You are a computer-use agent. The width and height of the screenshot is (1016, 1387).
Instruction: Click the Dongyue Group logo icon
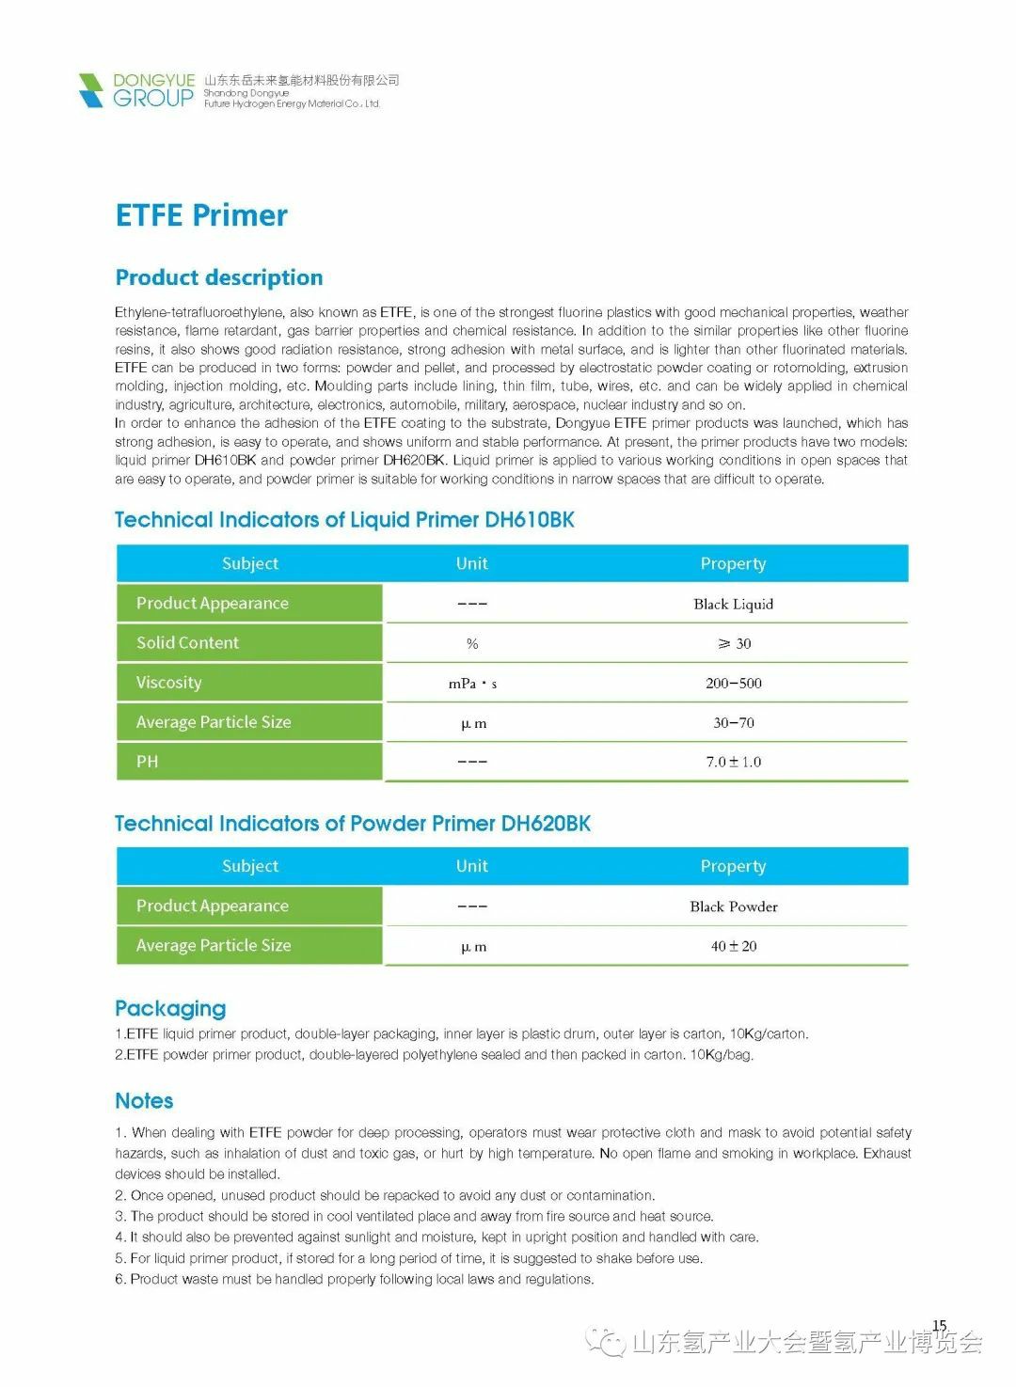pyautogui.click(x=91, y=90)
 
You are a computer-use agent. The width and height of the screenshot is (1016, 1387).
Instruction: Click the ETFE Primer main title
pyautogui.click(x=201, y=215)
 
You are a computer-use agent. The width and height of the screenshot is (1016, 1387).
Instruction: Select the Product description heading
pyautogui.click(x=219, y=277)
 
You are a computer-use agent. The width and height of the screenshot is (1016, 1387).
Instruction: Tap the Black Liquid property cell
pyautogui.click(x=733, y=604)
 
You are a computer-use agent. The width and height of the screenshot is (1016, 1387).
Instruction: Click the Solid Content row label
pyautogui.click(x=187, y=643)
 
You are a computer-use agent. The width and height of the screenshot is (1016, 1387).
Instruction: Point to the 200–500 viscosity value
pyautogui.click(x=733, y=684)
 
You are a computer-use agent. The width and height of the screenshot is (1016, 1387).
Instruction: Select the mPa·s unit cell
pyautogui.click(x=472, y=684)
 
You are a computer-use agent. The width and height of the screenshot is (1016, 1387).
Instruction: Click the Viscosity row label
pyautogui.click(x=168, y=683)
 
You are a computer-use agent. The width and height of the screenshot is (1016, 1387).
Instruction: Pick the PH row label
pyautogui.click(x=148, y=762)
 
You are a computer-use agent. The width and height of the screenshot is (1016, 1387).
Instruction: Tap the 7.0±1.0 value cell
pyautogui.click(x=733, y=762)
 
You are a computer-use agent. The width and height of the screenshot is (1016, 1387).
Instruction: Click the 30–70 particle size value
pyautogui.click(x=733, y=723)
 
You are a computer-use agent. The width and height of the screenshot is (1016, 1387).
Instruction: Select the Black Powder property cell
pyautogui.click(x=733, y=906)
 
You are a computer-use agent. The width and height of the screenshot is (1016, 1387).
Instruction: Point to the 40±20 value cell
pyautogui.click(x=733, y=946)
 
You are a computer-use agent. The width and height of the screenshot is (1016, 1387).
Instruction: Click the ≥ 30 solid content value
pyautogui.click(x=734, y=644)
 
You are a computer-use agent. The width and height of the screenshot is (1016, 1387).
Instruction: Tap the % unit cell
pyautogui.click(x=472, y=644)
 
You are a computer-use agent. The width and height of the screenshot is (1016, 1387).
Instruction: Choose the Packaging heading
pyautogui.click(x=170, y=1008)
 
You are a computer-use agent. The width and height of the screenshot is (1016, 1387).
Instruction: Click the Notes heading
pyautogui.click(x=144, y=1101)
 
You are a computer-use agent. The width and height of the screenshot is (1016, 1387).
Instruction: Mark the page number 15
pyautogui.click(x=939, y=1326)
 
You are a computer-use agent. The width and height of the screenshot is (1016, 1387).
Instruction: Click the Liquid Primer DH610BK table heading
pyautogui.click(x=344, y=520)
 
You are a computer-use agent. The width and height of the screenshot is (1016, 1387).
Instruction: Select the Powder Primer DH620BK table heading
pyautogui.click(x=353, y=824)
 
